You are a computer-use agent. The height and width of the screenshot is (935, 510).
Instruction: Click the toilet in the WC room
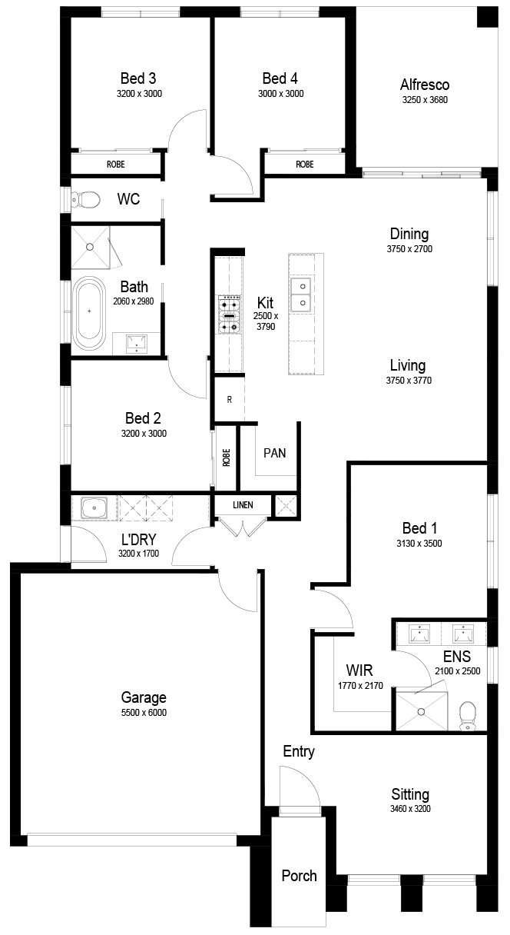pyautogui.click(x=85, y=199)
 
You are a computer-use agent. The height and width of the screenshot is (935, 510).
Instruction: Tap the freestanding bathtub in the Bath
pyautogui.click(x=89, y=313)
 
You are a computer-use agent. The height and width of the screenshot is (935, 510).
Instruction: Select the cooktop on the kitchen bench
pyautogui.click(x=229, y=314)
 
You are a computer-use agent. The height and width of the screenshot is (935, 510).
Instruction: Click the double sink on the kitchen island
pyautogui.click(x=303, y=294)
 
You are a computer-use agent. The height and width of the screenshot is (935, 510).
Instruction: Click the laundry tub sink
pyautogui.click(x=94, y=508)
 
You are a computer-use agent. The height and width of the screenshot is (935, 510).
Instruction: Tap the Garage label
pyautogui.click(x=144, y=697)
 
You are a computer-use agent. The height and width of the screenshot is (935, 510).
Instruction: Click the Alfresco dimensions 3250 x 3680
pyautogui.click(x=425, y=100)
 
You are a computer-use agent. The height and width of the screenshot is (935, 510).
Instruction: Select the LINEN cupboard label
pyautogui.click(x=243, y=505)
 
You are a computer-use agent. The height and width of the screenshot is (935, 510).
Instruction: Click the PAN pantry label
pyautogui.click(x=274, y=453)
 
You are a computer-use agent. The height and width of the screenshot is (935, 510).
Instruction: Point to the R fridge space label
pyautogui.click(x=230, y=400)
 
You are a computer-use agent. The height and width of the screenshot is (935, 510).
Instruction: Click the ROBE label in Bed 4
pyautogui.click(x=304, y=165)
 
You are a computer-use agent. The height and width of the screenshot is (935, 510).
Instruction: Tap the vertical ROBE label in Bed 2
pyautogui.click(x=227, y=458)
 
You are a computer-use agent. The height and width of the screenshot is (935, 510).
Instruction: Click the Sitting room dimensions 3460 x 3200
pyautogui.click(x=410, y=809)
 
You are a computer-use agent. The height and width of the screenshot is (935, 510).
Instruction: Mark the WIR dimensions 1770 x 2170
pyautogui.click(x=360, y=685)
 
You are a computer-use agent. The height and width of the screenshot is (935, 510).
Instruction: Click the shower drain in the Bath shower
pyautogui.click(x=90, y=247)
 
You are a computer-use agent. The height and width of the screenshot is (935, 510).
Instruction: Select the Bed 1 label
pyautogui.click(x=419, y=528)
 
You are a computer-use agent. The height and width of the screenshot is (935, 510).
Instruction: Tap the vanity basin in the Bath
pyautogui.click(x=137, y=343)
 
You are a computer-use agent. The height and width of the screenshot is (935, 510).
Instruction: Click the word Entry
pyautogui.click(x=299, y=751)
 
